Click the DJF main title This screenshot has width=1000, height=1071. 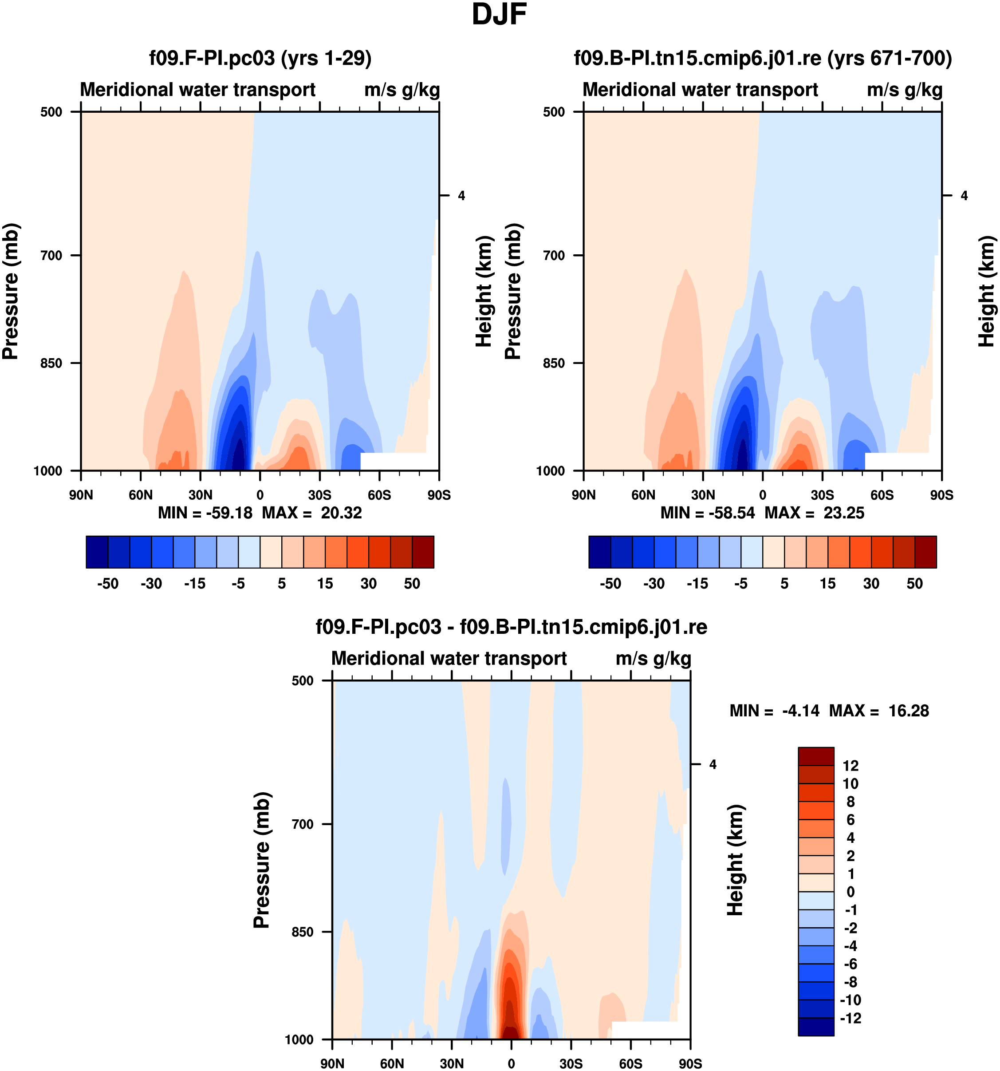point(499,15)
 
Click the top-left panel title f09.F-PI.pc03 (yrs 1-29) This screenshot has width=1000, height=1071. point(260,58)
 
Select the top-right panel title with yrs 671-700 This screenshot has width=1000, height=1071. point(763,58)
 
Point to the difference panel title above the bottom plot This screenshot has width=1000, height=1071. point(511,627)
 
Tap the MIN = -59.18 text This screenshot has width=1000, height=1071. point(205,513)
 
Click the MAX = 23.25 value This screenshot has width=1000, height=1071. point(814,513)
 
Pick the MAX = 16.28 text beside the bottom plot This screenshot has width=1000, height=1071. point(879,711)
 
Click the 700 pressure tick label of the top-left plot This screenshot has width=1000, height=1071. point(52,255)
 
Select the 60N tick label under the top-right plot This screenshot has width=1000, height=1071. point(643,495)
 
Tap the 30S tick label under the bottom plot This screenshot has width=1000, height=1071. point(571,1063)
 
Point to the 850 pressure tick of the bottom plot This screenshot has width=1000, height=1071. point(302,932)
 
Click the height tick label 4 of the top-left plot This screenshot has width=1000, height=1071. point(461,196)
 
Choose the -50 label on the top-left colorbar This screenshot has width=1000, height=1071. point(108,584)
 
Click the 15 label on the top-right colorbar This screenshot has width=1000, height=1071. point(828,584)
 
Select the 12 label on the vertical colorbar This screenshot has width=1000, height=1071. point(850,766)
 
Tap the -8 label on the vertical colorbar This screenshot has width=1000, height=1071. point(850,982)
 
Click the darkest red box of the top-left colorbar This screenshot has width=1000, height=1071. point(423,552)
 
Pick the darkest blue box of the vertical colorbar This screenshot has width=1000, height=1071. point(816,1026)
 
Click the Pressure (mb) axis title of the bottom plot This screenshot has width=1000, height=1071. point(262,860)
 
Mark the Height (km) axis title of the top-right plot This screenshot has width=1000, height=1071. point(985,291)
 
